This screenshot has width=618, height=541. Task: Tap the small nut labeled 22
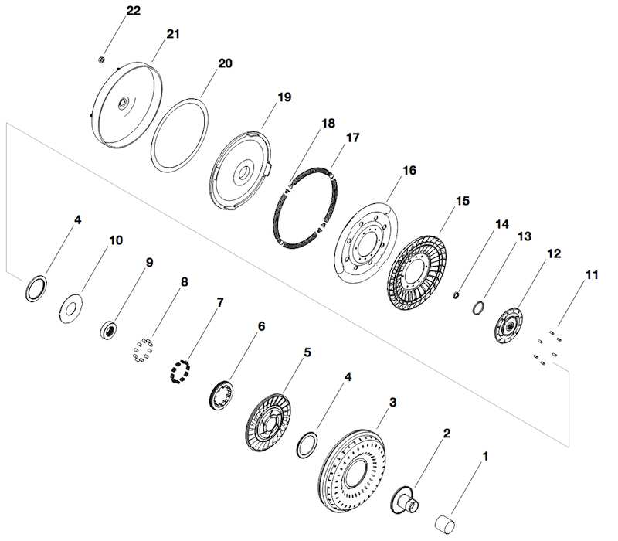101,59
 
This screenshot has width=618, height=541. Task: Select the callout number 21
172,34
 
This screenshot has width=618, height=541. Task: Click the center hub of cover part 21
124,103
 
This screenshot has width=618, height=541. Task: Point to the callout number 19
284,97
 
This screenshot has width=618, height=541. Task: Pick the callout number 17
352,138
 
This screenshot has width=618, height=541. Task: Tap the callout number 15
462,201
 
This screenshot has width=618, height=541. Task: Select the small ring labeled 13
479,308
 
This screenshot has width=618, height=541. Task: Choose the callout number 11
592,274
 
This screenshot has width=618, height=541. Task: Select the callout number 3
392,403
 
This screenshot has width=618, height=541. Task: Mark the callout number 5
307,352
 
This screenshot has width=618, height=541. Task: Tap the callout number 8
183,282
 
